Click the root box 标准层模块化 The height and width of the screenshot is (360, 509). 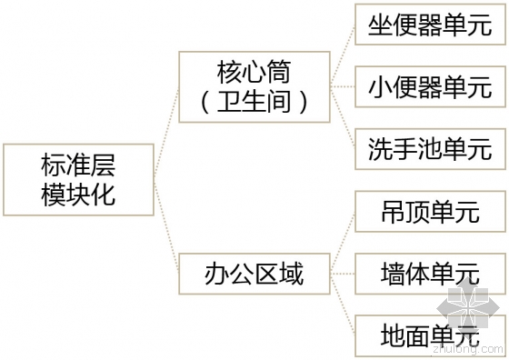pos(78,179)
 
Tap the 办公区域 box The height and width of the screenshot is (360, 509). pos(254,273)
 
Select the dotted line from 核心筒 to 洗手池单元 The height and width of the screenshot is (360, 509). pos(344,120)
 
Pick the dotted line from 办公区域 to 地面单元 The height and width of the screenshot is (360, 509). pos(344,306)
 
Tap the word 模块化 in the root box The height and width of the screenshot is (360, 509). pos(78,194)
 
